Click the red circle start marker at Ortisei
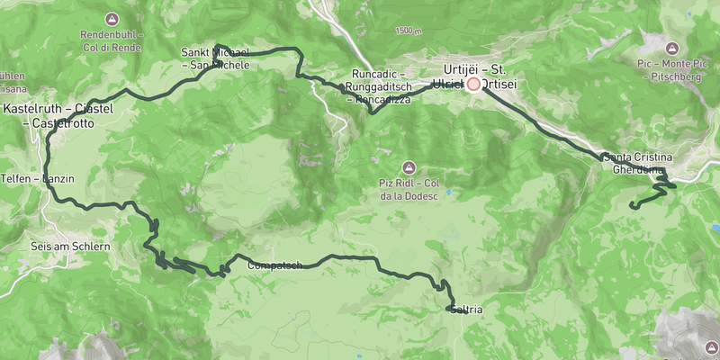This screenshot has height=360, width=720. tap(473, 84)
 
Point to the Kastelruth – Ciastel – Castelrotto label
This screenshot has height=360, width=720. tap(63, 115)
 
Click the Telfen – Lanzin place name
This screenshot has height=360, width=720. tap(37, 179)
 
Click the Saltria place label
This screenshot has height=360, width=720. tap(467, 310)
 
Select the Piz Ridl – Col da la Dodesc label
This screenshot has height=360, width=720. tap(409, 190)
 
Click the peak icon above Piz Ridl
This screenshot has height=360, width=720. tap(409, 167)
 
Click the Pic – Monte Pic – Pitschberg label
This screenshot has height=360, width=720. tap(670, 70)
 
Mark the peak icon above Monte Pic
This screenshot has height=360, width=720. tap(670, 47)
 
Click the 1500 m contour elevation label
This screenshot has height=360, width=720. tap(407, 31)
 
